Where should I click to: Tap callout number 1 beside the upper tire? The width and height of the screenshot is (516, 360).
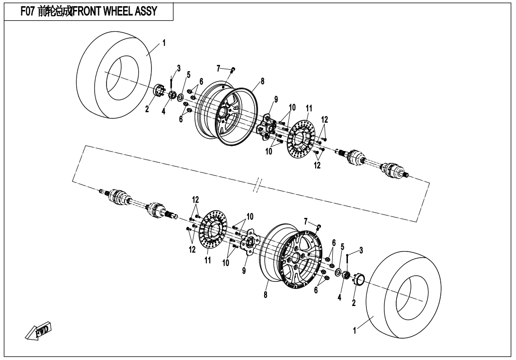164,43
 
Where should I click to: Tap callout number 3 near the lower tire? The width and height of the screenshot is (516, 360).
361,250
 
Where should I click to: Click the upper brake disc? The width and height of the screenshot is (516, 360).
301,134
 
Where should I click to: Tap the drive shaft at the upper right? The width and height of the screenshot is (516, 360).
374,162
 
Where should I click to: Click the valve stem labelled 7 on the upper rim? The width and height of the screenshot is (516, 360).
232,71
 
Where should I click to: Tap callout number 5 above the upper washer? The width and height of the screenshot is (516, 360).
188,75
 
